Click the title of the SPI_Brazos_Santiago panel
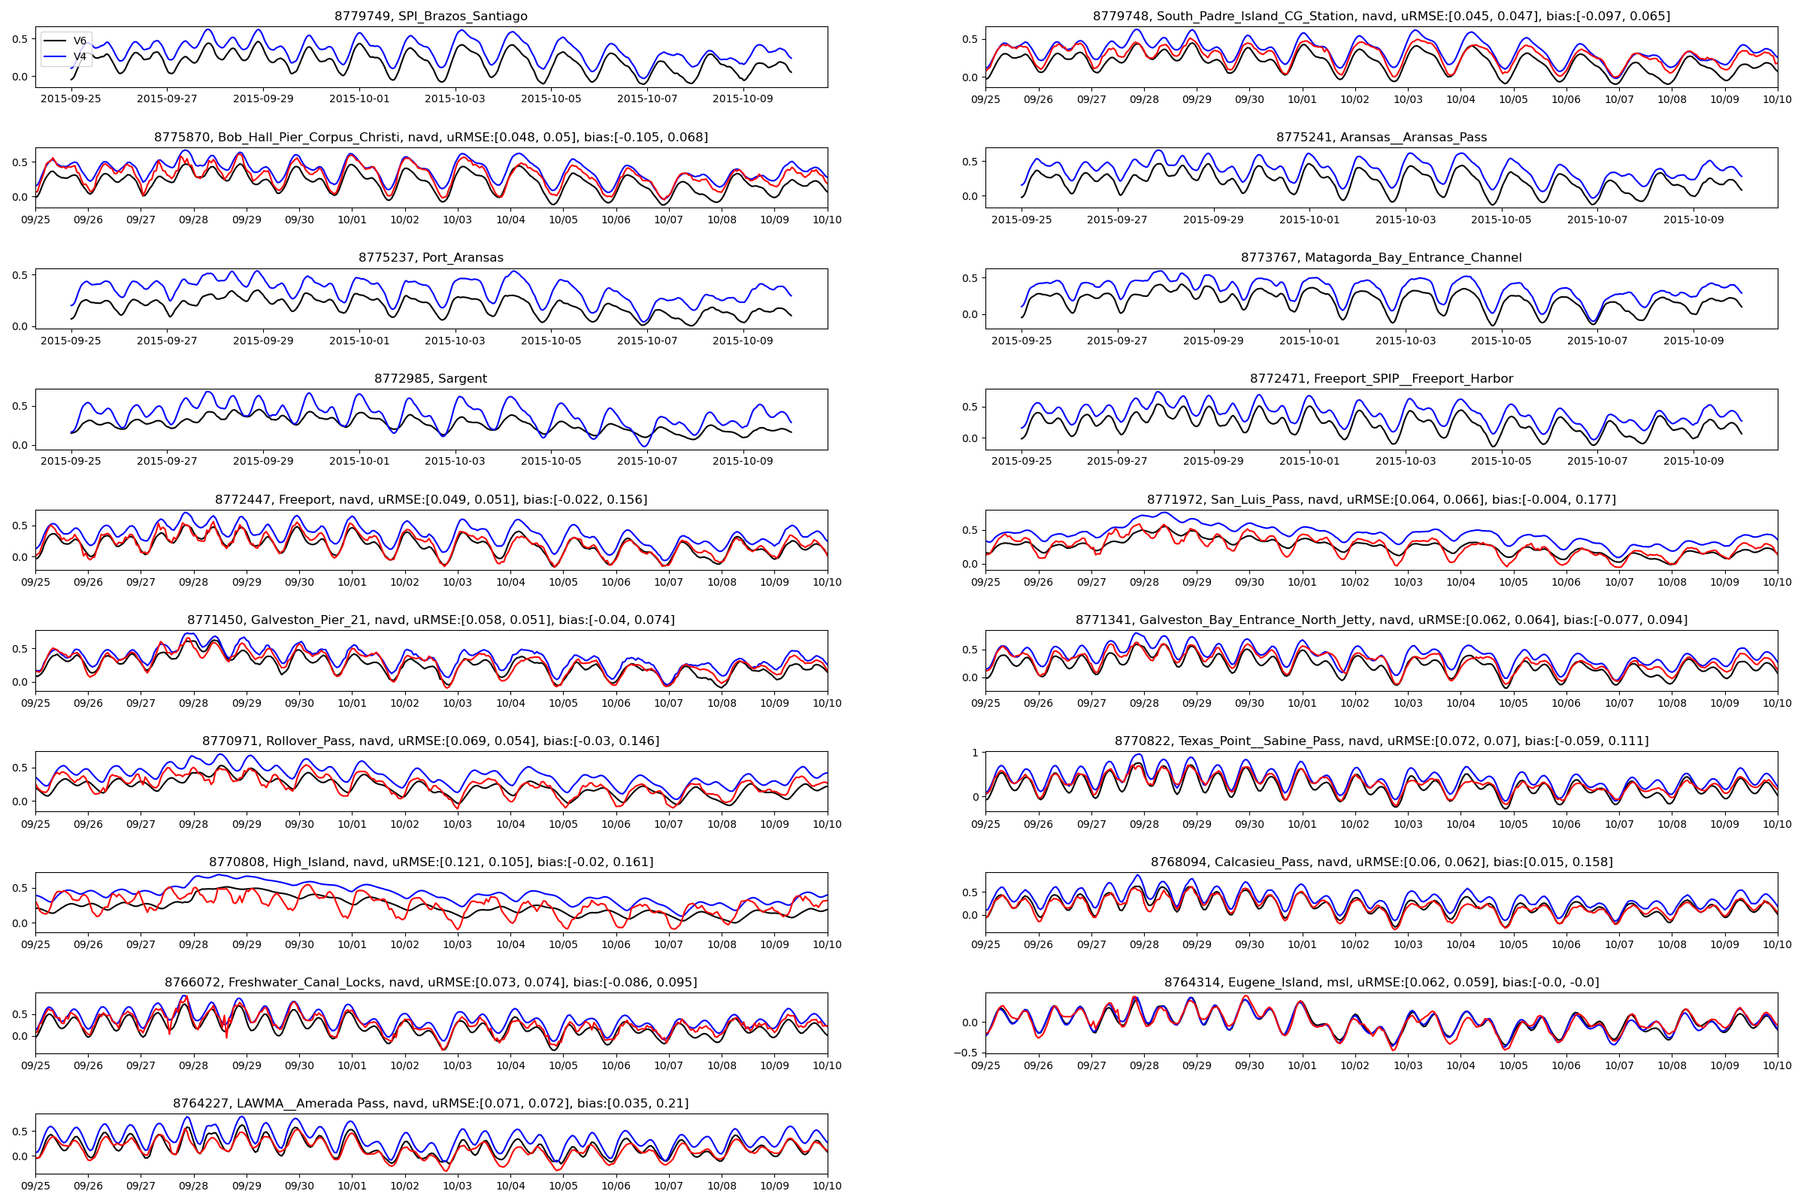coord(431,16)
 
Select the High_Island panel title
coord(431,862)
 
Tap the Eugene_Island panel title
coord(1382,982)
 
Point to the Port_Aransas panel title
coord(431,258)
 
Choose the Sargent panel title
coord(431,378)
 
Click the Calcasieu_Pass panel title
coord(1382,862)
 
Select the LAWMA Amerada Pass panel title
coord(431,1103)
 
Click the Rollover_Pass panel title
coord(431,741)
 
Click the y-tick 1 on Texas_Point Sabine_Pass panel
coord(975,753)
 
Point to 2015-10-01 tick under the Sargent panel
coord(359,461)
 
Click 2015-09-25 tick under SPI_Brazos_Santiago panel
coord(71,99)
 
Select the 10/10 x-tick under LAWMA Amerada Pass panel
coord(827,1186)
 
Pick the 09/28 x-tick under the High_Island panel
coord(193,944)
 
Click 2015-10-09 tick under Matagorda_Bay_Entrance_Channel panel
coord(1694,341)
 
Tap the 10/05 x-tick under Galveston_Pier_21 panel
coord(563,703)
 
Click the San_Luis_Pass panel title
coord(1382,499)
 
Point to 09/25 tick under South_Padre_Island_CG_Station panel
coord(985,100)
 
